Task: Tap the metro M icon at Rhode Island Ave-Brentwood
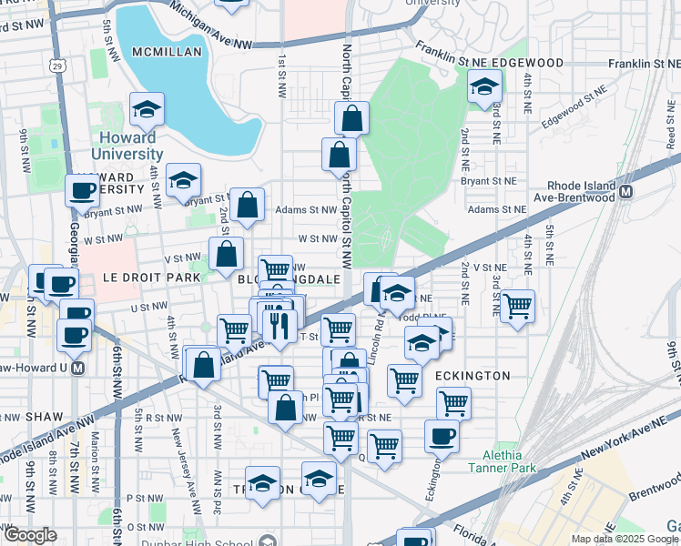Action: click(625, 192)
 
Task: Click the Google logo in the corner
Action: click(30, 535)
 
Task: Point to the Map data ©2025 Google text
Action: click(625, 539)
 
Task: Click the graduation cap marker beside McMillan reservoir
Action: click(146, 110)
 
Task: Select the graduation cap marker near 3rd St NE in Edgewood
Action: click(484, 88)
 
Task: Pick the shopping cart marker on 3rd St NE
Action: click(517, 306)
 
